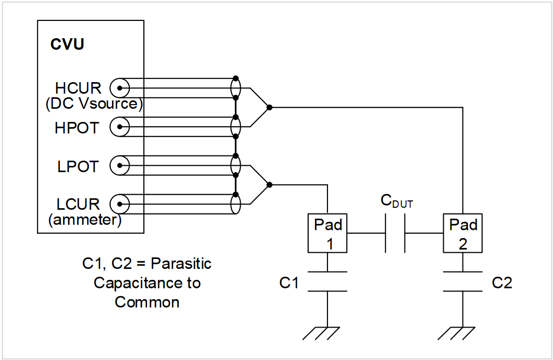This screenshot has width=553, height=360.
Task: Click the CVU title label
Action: point(67,44)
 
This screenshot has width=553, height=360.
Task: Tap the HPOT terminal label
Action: point(76,127)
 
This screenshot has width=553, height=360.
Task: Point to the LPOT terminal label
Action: point(77,166)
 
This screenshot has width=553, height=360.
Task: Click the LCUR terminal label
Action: point(78,204)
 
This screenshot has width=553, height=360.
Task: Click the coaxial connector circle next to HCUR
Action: point(119,87)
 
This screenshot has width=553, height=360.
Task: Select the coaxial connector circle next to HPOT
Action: point(119,127)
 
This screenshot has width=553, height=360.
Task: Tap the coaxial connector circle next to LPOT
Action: point(119,166)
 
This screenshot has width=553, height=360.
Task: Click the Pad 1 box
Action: point(328,233)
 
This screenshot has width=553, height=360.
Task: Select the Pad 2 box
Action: point(463,233)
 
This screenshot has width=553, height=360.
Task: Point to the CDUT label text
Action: point(396,201)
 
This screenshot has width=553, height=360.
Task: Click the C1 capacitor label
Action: point(289,283)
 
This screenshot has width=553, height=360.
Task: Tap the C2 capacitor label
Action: point(502,283)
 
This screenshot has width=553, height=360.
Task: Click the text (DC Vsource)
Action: point(94,104)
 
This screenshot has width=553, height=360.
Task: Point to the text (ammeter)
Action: point(85,220)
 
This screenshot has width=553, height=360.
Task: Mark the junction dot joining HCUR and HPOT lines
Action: point(269,107)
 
